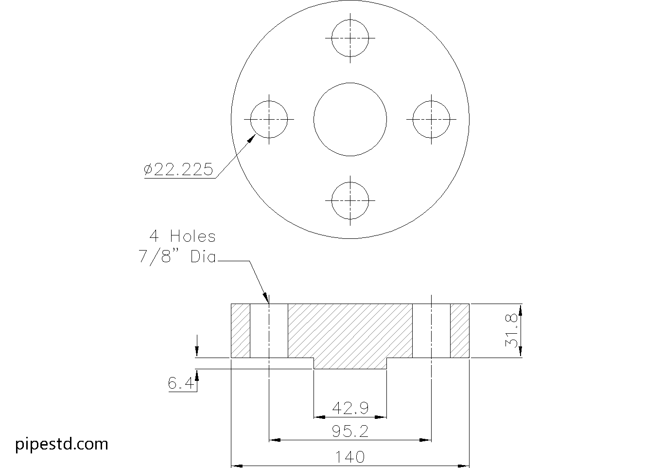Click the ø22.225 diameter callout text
click(178, 169)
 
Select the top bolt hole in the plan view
click(350, 38)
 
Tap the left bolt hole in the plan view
click(269, 119)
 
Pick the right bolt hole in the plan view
click(432, 119)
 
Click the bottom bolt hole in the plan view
click(350, 200)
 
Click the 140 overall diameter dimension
click(350, 457)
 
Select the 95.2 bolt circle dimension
click(350, 431)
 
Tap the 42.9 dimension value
click(350, 408)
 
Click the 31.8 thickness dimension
click(511, 330)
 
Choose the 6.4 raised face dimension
click(181, 384)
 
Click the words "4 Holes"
click(182, 236)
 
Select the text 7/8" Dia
click(177, 256)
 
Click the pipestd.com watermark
click(62, 444)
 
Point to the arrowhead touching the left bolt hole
click(252, 139)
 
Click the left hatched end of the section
click(240, 330)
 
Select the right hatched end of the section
click(460, 330)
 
